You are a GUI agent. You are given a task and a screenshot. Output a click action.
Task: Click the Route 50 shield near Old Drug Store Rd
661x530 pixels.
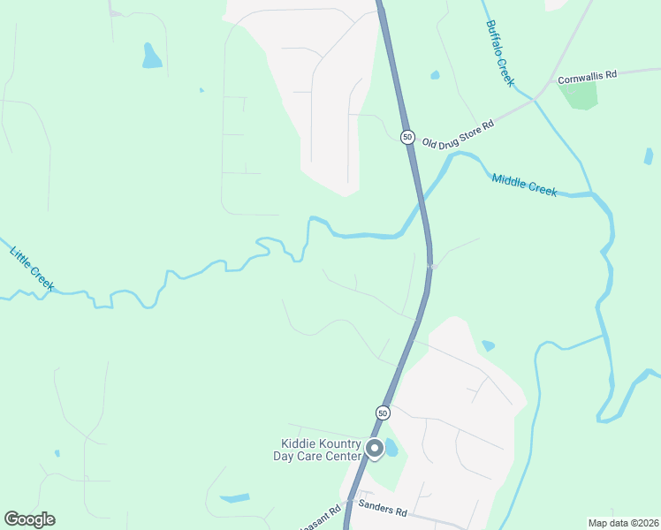[406, 137]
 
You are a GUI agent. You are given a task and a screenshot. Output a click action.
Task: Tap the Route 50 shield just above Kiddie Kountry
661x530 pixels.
[382, 413]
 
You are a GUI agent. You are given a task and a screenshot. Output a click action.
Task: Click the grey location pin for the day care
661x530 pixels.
[374, 449]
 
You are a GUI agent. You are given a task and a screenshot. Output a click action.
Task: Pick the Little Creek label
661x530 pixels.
[32, 268]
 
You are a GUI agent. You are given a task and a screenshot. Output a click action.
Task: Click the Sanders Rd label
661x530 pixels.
[382, 511]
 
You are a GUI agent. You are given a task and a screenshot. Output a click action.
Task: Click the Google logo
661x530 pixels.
[29, 519]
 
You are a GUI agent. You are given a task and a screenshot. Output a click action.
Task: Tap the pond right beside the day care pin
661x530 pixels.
[391, 449]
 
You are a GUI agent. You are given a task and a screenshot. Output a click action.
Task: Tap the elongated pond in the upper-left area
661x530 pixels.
[152, 57]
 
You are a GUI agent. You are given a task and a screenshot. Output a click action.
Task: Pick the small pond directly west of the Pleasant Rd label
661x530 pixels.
[235, 498]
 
